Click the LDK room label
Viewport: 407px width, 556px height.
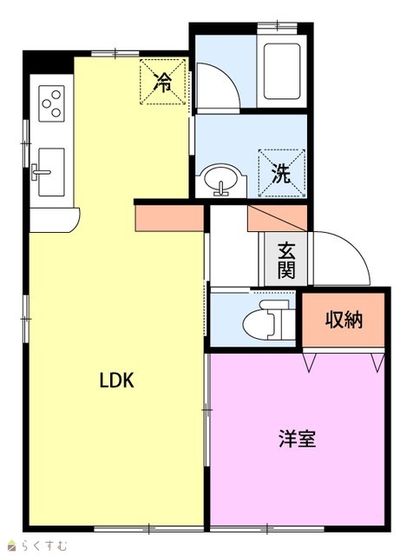pyautogui.click(x=116, y=381)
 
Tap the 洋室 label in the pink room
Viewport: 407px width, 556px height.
pyautogui.click(x=297, y=438)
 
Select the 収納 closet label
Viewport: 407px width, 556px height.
pyautogui.click(x=344, y=320)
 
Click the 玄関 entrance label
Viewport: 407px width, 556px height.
pyautogui.click(x=286, y=260)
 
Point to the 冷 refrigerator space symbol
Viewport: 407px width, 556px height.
pyautogui.click(x=162, y=82)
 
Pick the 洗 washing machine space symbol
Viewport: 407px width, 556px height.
pyautogui.click(x=282, y=173)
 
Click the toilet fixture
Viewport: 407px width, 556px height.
pyautogui.click(x=269, y=320)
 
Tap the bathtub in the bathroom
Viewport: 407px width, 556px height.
pyautogui.click(x=282, y=71)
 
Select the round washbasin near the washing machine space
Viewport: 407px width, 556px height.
pyautogui.click(x=221, y=180)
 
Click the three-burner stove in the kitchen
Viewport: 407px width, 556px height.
pyautogui.click(x=52, y=103)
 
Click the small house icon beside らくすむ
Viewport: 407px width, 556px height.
pyautogui.click(x=13, y=546)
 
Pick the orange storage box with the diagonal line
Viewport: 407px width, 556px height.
pyautogui.click(x=278, y=218)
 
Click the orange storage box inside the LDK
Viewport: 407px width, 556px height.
pyautogui.click(x=170, y=218)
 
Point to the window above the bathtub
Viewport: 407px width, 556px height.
pyautogui.click(x=277, y=25)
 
